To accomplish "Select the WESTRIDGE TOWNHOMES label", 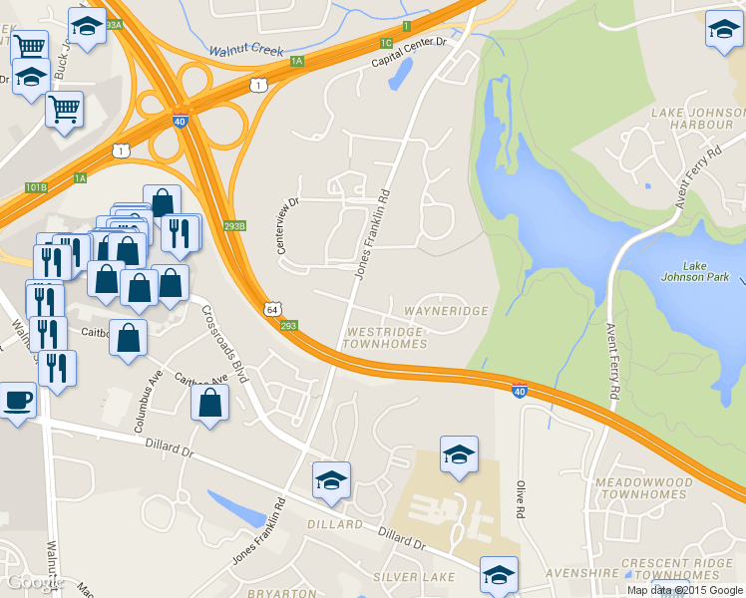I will pos(384,337).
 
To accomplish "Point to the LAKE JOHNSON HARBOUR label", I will pos(692,120).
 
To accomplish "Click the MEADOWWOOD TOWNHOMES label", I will pos(642,488).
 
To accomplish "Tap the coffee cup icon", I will pos(17,402).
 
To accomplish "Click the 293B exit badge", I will pos(234,226).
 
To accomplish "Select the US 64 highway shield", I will pos(272,309).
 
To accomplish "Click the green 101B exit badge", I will pos(36,186).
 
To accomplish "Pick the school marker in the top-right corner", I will pos(723,31).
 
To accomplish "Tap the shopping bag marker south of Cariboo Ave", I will pos(209,405).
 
